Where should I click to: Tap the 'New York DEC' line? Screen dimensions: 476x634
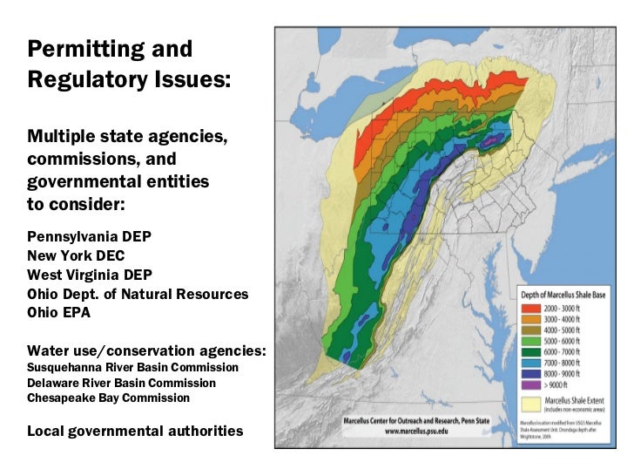coord(76,255)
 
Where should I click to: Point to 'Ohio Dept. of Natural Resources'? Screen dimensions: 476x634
coord(138,294)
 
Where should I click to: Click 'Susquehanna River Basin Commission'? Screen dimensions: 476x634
coord(132,367)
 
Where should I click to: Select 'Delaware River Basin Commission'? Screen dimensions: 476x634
coord(121,383)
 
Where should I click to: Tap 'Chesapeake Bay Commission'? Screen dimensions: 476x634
coord(108,398)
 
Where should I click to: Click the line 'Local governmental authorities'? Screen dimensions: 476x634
coord(135,431)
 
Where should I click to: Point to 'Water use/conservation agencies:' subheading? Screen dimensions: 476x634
coord(146,350)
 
